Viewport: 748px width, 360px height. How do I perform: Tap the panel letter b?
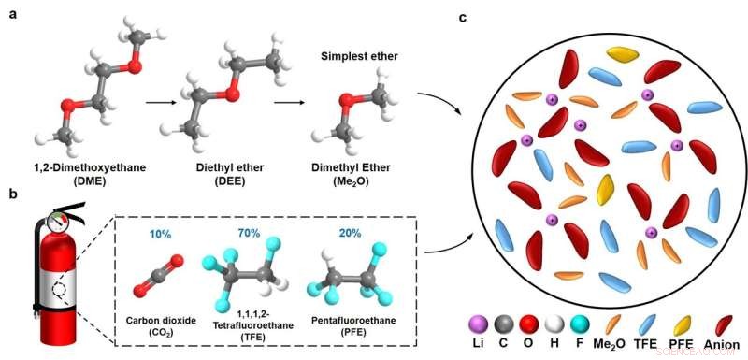pyautogui.click(x=12, y=194)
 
